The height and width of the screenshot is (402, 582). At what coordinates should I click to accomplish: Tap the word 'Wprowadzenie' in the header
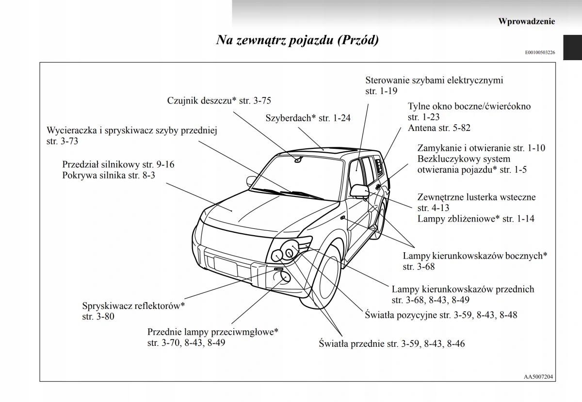526,21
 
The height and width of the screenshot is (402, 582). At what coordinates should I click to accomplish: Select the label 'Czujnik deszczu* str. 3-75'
219,101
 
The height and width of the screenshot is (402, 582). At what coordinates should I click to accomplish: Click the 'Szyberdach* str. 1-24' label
308,118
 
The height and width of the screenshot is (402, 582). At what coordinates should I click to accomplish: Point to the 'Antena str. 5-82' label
439,128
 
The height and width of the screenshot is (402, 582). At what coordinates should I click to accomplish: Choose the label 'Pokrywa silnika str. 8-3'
109,176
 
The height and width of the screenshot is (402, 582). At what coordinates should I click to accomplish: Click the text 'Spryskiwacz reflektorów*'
134,306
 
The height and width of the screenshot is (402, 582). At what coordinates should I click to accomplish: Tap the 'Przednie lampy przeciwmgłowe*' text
213,332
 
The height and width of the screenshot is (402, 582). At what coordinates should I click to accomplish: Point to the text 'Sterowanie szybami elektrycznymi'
434,80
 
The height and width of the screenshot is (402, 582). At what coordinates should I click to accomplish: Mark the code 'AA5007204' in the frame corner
539,376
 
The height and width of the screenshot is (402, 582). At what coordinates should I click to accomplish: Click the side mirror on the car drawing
359,190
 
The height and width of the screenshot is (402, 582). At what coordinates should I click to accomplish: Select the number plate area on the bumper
225,266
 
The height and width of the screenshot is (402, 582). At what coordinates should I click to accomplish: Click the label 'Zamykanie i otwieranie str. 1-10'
481,148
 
